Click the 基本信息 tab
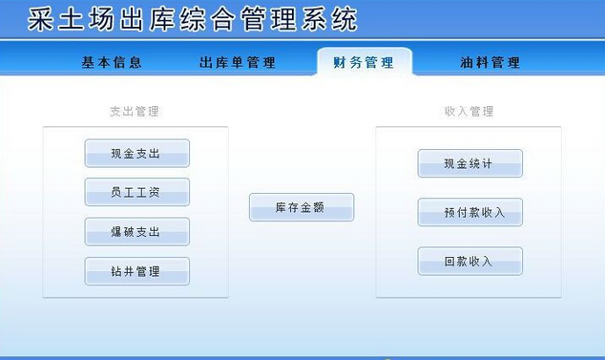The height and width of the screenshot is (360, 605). pos(112,62)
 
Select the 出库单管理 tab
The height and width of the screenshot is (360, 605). pos(238,62)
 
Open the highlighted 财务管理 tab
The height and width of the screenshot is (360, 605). pos(364,62)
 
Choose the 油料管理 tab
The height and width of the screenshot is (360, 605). pos(490,62)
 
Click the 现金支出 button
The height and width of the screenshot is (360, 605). pos(137,154)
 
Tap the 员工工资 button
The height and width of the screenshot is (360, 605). pos(137,192)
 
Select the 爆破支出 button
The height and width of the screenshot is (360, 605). pos(137,232)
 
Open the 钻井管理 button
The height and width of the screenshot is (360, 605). pos(137,271)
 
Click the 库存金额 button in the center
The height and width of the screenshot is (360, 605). pos(302,207)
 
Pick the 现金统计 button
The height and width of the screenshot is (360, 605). pos(469,163)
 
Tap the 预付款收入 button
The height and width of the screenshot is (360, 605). pos(469,212)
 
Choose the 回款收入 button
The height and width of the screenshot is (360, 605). pos(469,261)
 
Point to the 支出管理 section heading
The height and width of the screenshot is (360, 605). pos(135,111)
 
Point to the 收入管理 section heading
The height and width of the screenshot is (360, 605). pos(469,111)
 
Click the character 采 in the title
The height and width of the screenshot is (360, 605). pos(40,18)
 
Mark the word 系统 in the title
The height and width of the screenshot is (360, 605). pos(328,18)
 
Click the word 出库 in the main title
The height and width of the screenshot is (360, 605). pos(147,18)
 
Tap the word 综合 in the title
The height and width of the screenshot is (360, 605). pos(208,18)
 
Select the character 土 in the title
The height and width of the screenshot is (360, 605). pos(71,18)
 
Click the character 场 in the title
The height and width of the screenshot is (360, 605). pos(101,18)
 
